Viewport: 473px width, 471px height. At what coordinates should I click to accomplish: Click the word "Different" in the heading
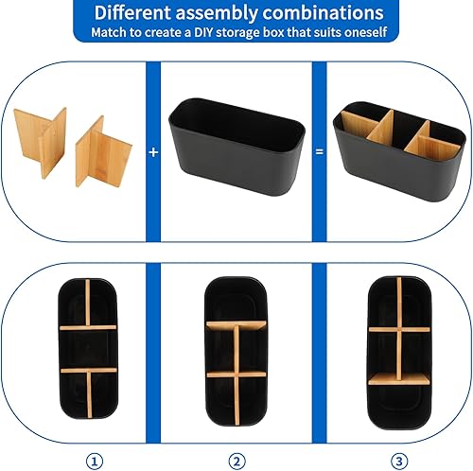click(x=132, y=12)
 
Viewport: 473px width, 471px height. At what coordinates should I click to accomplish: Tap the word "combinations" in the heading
click(x=323, y=13)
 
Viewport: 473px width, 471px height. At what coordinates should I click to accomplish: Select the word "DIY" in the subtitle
click(x=203, y=32)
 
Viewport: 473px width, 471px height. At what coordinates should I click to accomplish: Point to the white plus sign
click(x=153, y=152)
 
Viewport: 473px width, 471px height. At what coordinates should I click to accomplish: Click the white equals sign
click(x=320, y=152)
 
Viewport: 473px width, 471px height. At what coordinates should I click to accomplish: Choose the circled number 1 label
click(x=95, y=462)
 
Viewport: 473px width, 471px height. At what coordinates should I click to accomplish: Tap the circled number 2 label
click(x=236, y=462)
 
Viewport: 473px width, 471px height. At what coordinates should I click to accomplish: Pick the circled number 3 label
click(x=399, y=462)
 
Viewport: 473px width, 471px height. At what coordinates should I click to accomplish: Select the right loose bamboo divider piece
click(x=102, y=153)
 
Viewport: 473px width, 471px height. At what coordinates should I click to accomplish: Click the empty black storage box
click(x=237, y=147)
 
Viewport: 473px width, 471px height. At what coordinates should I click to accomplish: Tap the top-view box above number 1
click(x=88, y=349)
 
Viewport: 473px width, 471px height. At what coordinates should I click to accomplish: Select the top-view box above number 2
click(x=236, y=352)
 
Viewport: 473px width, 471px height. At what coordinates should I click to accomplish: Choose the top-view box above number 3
click(x=399, y=353)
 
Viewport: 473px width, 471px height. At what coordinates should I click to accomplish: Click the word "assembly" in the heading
click(x=217, y=14)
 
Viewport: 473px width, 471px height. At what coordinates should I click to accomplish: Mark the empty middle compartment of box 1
click(x=88, y=349)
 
